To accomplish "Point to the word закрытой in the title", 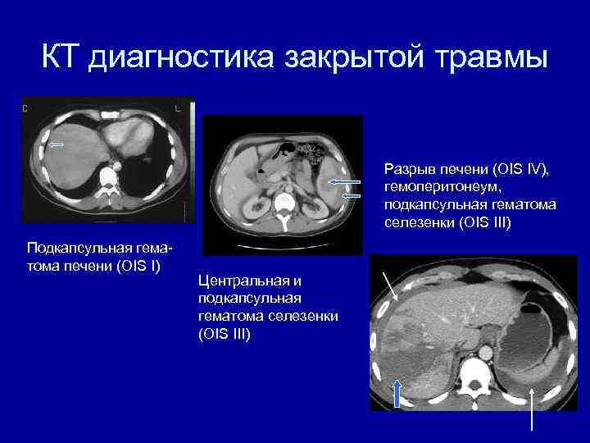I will tap(343, 58).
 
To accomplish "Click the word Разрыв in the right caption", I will tap(406, 170).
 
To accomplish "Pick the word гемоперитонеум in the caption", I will tap(432, 188).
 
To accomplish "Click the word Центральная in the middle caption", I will tap(238, 281).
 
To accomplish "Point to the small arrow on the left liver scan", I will tap(57, 145).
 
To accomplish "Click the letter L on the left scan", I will tap(177, 107).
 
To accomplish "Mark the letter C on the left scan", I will tap(25, 107).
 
